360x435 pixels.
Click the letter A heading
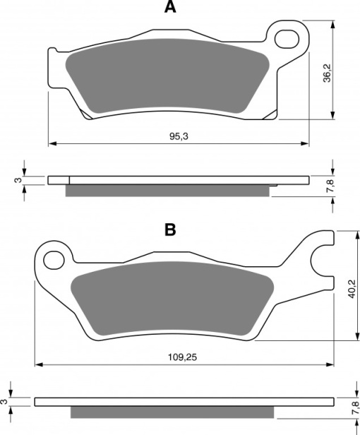coord(170,7)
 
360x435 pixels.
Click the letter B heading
coord(170,230)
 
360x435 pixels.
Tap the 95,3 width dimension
coord(179,136)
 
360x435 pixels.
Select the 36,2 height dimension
coord(328,73)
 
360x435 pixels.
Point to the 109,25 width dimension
coord(183,357)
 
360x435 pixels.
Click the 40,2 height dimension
coord(352,289)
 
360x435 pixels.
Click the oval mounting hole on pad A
coord(287,39)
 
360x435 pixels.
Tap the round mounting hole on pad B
coord(54,260)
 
